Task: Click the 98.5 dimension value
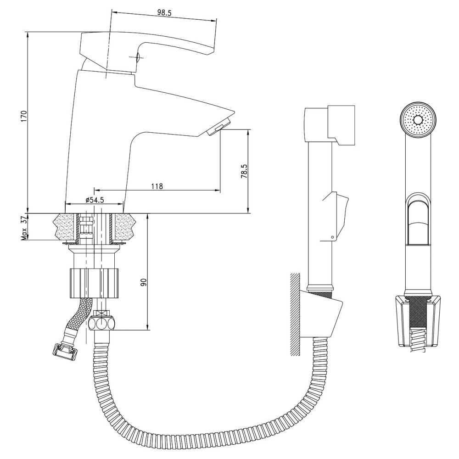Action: pos(164,12)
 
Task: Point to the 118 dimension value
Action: pos(157,186)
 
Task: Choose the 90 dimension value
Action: pos(143,282)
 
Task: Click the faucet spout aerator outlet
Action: pos(218,127)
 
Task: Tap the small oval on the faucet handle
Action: pos(138,56)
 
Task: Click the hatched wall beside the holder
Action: pos(295,314)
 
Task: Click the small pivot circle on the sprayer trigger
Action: pos(332,237)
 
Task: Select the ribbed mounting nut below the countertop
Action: pos(95,283)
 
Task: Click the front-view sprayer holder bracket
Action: pos(418,321)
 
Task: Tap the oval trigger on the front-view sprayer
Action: pos(418,218)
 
